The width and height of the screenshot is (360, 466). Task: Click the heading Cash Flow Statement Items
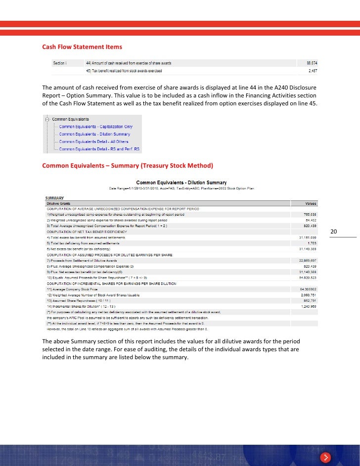82,47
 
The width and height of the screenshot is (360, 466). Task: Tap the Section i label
60,63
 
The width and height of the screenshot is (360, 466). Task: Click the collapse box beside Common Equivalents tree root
46,119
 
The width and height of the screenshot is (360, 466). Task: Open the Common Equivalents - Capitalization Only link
95,127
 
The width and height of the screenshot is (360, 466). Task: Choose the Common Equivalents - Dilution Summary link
94,134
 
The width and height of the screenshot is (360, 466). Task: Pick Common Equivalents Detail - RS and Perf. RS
99,148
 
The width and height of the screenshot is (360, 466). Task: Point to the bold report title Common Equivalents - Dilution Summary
181,182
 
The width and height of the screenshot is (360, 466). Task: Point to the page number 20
333,232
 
